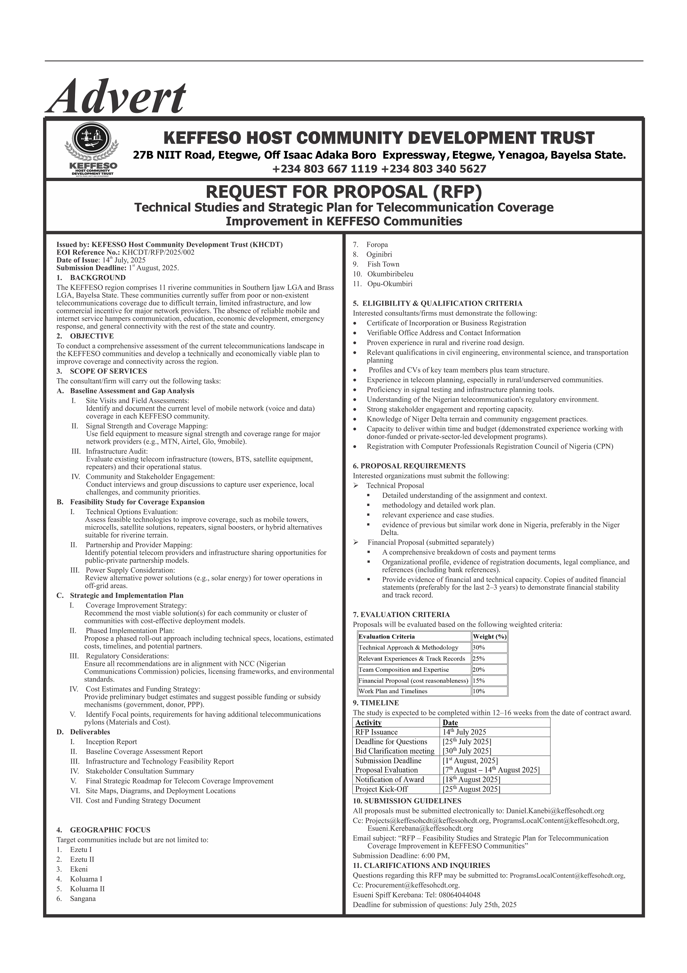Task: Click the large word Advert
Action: coord(118,97)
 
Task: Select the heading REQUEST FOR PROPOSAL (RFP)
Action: coord(343,192)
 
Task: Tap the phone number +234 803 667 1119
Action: coord(325,169)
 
